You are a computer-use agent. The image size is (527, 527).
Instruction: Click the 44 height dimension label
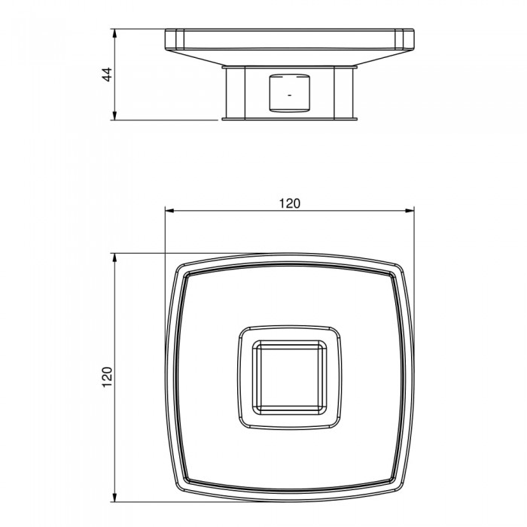pyautogui.click(x=107, y=75)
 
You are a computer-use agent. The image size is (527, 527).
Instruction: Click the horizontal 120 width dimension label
pyautogui.click(x=289, y=203)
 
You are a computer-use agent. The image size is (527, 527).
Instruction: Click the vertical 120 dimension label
pyautogui.click(x=107, y=377)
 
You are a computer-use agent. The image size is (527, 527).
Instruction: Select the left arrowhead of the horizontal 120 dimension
pyautogui.click(x=169, y=211)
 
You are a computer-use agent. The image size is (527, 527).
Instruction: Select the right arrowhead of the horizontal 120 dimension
pyautogui.click(x=409, y=211)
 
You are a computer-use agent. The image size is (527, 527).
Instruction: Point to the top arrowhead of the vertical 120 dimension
pyautogui.click(x=114, y=258)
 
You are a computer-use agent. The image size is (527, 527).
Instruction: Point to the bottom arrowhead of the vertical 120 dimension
pyautogui.click(x=114, y=497)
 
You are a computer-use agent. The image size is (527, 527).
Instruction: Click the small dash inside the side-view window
pyautogui.click(x=290, y=95)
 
